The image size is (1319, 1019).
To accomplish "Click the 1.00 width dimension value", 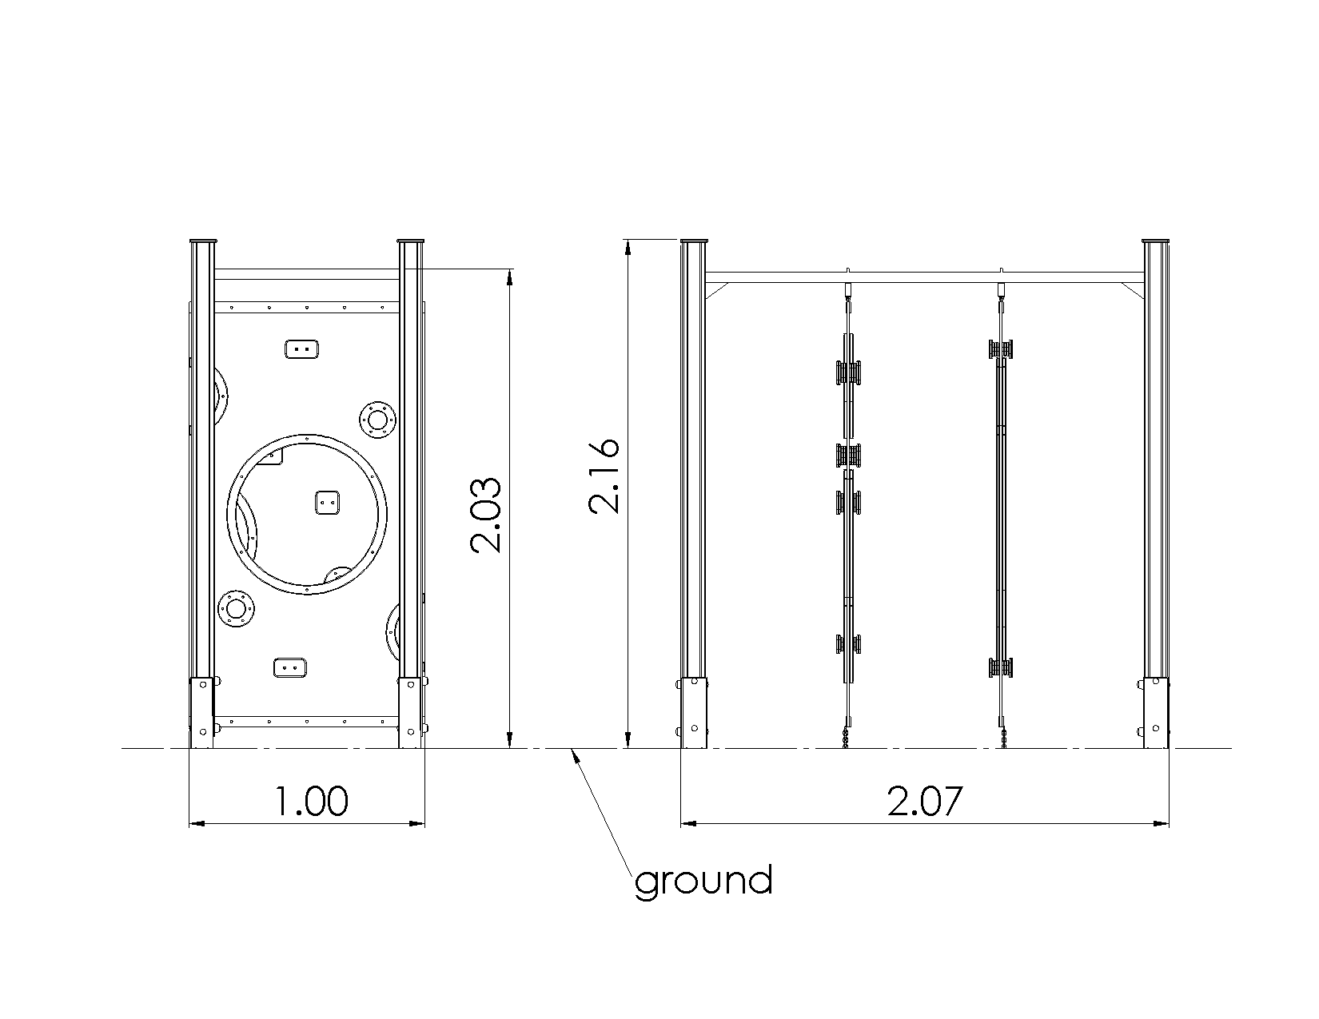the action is [312, 801].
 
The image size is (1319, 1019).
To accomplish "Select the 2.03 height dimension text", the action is [486, 515].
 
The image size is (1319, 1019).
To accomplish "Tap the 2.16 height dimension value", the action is [604, 476].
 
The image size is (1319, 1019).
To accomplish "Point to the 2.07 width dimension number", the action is [924, 801].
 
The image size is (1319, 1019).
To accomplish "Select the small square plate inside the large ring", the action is [328, 503].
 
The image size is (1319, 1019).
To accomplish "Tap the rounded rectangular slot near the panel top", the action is [301, 349].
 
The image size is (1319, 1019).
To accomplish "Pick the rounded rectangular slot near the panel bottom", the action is [290, 667].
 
